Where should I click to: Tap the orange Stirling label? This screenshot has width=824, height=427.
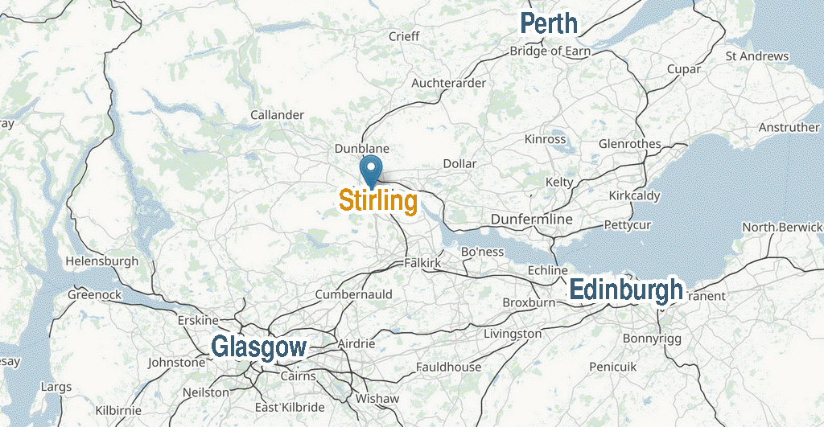point(377,201)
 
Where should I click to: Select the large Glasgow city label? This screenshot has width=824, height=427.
point(258,347)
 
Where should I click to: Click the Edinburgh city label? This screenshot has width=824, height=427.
point(626,290)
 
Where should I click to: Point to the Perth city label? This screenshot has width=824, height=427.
point(549,23)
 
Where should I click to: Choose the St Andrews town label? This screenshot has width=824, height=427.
point(756,56)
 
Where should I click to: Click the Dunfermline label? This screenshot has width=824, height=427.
point(531,220)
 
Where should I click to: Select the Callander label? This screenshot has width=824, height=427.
point(277,115)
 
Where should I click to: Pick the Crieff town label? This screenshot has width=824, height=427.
point(404,36)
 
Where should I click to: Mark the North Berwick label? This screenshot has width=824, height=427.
point(781,228)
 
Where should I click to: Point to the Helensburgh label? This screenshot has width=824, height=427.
point(101,261)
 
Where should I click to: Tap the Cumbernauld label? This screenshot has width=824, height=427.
point(353,294)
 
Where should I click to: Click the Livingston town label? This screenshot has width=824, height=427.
point(513,333)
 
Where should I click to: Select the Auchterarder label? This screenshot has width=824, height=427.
point(448,83)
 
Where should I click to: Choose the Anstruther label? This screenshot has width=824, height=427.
point(789,128)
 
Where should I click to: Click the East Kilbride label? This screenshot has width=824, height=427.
point(289,407)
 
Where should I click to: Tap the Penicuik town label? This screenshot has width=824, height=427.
point(612,366)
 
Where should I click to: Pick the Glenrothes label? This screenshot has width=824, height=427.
point(630,144)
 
